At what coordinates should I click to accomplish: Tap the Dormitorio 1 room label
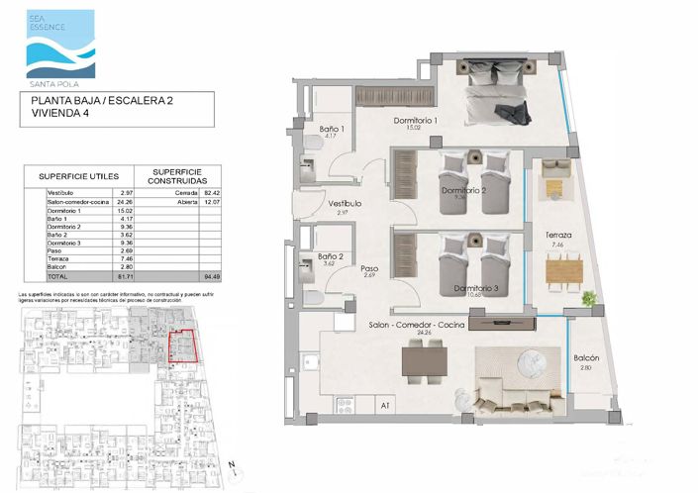pyautogui.click(x=416, y=121)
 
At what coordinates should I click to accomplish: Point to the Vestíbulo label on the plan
pyautogui.click(x=345, y=204)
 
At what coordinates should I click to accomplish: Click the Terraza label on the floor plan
pyautogui.click(x=559, y=235)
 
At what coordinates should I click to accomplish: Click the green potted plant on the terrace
pyautogui.click(x=590, y=297)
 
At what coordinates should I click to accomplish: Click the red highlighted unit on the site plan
pyautogui.click(x=182, y=346)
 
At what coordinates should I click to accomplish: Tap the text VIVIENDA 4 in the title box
pyautogui.click(x=59, y=115)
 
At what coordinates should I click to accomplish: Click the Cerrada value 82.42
pyautogui.click(x=211, y=192)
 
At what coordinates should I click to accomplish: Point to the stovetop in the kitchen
pyautogui.click(x=346, y=404)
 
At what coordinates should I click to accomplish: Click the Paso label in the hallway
pyautogui.click(x=369, y=268)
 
